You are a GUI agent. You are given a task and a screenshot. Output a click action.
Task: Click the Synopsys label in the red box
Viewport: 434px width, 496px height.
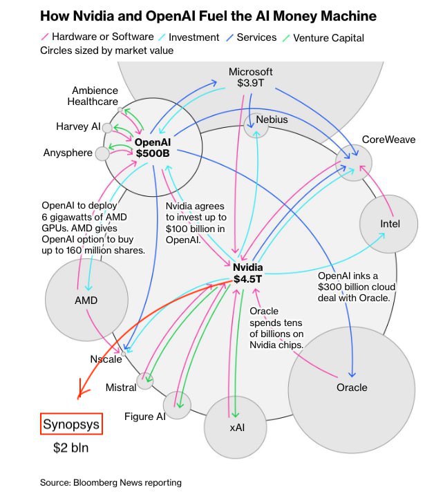(x=72, y=423)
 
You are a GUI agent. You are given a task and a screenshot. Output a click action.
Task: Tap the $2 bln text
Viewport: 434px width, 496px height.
(x=71, y=448)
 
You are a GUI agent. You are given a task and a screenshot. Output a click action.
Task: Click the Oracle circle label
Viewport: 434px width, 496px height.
(x=352, y=387)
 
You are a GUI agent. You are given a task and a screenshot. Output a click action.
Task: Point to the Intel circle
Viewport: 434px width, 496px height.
(x=389, y=224)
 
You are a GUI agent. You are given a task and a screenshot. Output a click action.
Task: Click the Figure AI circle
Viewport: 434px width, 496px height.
(x=177, y=406)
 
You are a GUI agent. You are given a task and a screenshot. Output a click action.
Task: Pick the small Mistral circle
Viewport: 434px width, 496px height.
(x=145, y=380)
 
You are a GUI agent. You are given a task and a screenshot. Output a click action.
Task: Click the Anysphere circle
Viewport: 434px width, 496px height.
(x=102, y=153)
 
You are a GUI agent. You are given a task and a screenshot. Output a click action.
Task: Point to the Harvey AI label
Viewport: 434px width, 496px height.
(x=78, y=127)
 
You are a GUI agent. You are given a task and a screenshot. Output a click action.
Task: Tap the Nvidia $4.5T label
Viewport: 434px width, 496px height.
(x=247, y=274)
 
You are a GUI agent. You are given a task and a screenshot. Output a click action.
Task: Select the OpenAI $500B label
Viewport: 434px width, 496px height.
(x=153, y=148)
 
